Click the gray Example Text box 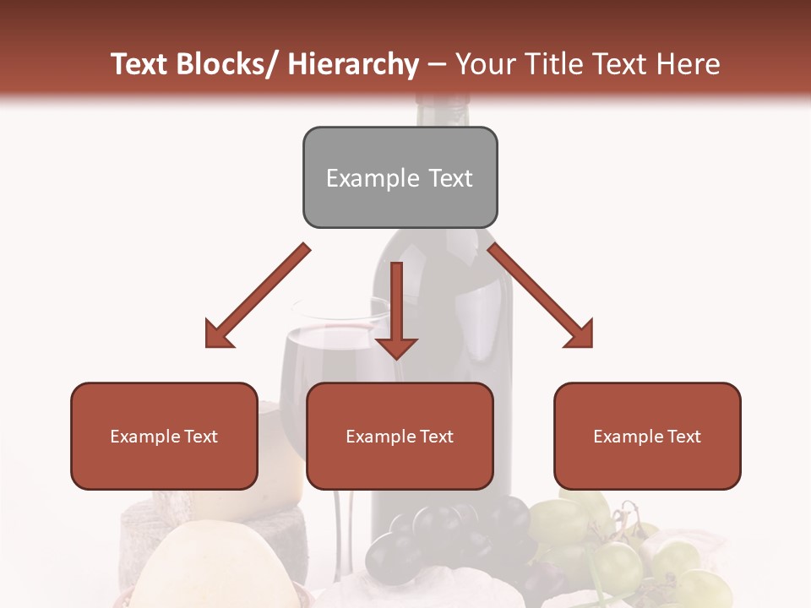pyautogui.click(x=400, y=177)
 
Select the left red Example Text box pyautogui.click(x=164, y=436)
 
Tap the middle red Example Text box pyautogui.click(x=400, y=436)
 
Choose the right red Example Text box pyautogui.click(x=647, y=436)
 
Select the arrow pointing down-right pyautogui.click(x=541, y=296)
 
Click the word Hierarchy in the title pyautogui.click(x=352, y=64)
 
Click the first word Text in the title pyautogui.click(x=140, y=64)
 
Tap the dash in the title pyautogui.click(x=437, y=64)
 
